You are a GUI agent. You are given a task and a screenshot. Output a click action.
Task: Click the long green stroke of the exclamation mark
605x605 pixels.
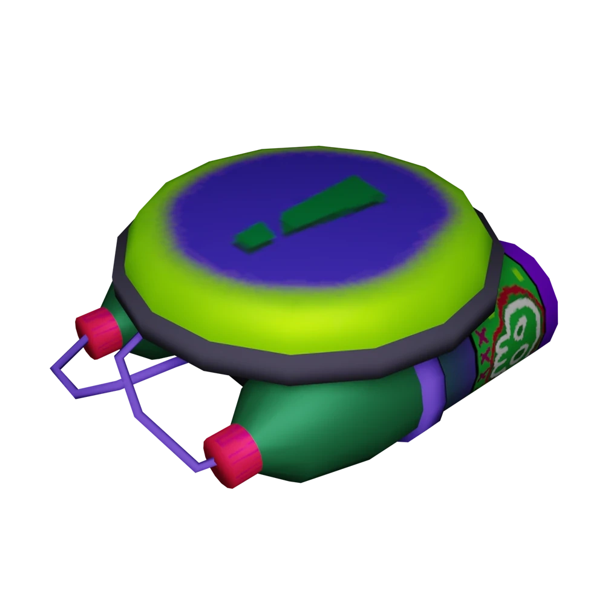[x=333, y=206]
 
